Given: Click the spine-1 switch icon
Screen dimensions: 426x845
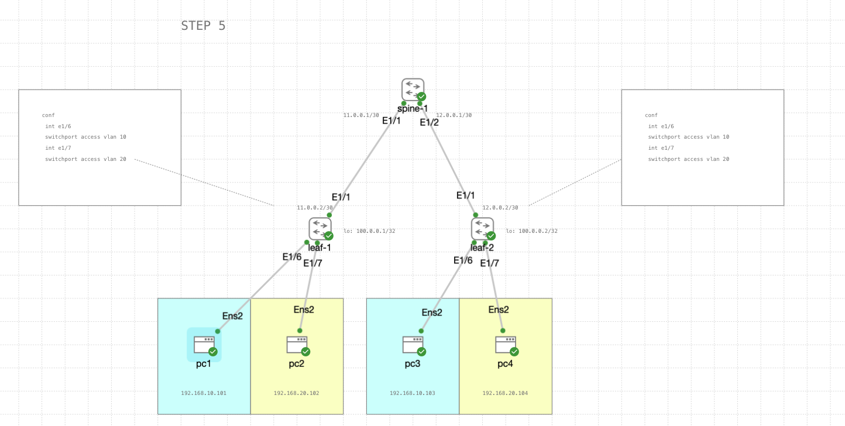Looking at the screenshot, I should [x=413, y=90].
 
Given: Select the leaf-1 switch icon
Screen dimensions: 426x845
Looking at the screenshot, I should [x=320, y=229].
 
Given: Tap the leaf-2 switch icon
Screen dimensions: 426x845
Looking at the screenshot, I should [x=482, y=229].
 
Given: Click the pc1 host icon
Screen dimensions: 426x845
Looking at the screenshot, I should [x=204, y=345].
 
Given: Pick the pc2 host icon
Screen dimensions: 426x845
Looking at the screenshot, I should [x=297, y=345].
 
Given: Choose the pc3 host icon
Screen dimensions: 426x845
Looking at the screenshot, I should [x=413, y=345].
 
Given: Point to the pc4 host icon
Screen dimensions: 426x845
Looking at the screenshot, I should [x=505, y=345].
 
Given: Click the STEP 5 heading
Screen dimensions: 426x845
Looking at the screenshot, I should [x=203, y=26].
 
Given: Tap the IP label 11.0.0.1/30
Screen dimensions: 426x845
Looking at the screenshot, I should [x=361, y=115].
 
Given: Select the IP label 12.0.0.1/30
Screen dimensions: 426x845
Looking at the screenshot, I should [x=454, y=115].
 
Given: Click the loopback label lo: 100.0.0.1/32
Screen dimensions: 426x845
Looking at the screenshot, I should [x=369, y=231].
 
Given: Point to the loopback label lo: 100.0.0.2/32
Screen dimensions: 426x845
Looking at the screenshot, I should [x=531, y=231].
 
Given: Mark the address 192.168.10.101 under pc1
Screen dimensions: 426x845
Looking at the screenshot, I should [x=204, y=393].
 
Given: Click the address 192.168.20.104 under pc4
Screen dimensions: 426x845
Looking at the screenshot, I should [x=505, y=393].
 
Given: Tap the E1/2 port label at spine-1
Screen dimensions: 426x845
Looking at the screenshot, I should [x=429, y=122].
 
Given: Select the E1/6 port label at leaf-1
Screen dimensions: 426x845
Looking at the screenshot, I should [x=292, y=257].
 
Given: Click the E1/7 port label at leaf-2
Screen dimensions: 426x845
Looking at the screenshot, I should [x=489, y=263].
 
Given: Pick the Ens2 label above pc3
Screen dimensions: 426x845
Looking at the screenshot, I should [x=432, y=312].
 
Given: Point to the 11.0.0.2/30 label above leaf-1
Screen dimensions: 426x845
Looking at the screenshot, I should [x=315, y=208].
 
